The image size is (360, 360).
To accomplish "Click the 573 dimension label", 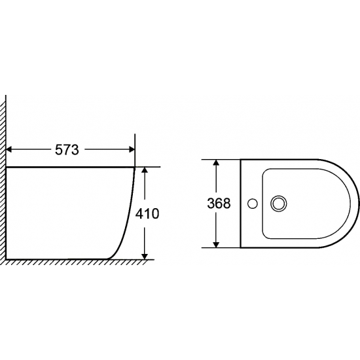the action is [x=67, y=150].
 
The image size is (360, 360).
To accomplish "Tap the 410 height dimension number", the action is [x=147, y=214].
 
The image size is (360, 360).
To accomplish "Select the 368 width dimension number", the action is [x=219, y=204].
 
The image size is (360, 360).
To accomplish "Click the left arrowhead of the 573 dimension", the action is [x=9, y=150].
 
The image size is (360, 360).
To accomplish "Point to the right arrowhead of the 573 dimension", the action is [x=132, y=150].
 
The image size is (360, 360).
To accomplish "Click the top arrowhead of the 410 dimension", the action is [x=145, y=170].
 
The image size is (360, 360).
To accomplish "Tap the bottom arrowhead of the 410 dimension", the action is [x=145, y=257].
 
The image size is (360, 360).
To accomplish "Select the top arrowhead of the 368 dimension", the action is [x=216, y=162].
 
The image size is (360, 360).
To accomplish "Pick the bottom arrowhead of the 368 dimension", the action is [x=216, y=245].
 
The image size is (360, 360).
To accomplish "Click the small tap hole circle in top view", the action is [x=253, y=204].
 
